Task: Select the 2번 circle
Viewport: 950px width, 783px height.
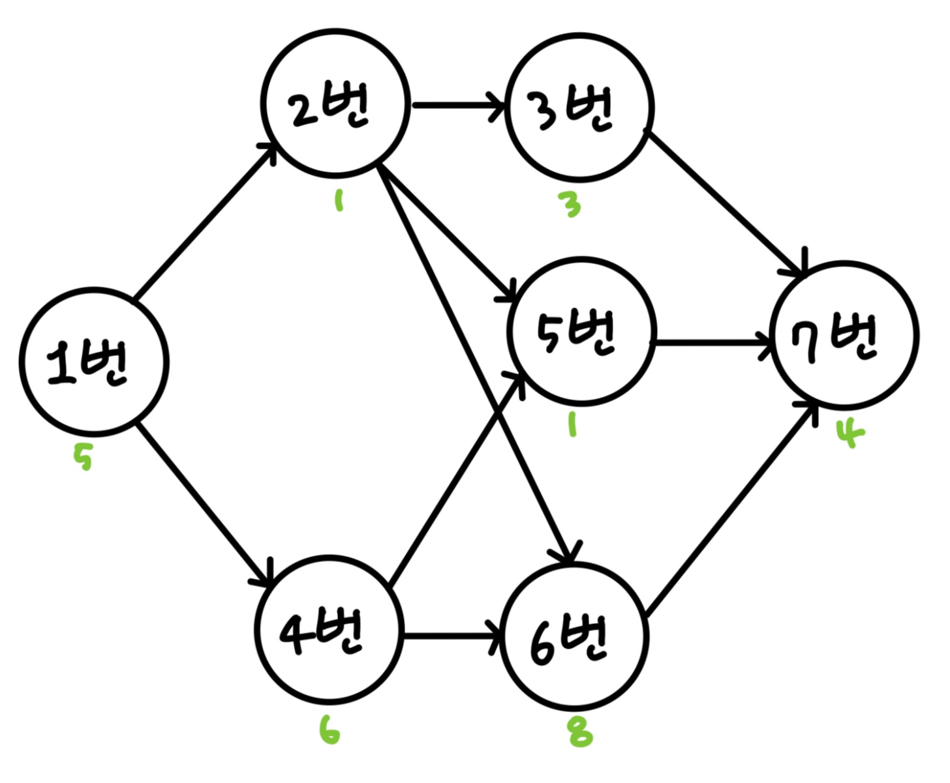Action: pos(335,103)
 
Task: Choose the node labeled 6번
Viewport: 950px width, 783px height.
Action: pos(574,635)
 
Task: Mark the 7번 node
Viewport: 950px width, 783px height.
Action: pos(846,335)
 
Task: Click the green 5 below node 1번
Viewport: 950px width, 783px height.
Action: pos(83,458)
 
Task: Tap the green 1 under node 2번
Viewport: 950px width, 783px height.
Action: pos(338,200)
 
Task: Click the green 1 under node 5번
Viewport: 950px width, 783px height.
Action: pos(572,426)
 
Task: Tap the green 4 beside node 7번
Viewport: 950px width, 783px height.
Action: pos(850,436)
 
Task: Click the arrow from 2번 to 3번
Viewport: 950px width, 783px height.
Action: pos(458,104)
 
